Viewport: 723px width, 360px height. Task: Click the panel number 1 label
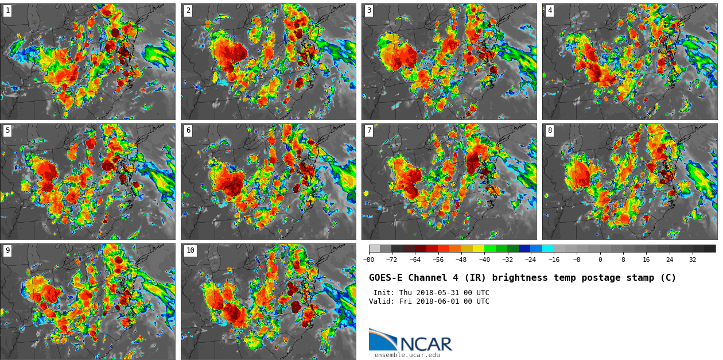coord(7,10)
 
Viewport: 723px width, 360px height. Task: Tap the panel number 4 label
coord(550,10)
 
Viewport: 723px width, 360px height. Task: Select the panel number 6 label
coord(188,130)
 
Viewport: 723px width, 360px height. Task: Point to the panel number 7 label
coord(369,130)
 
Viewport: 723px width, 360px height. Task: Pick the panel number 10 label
coord(190,250)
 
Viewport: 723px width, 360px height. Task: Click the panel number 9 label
coord(7,250)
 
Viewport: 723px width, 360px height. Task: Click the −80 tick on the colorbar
coord(368,260)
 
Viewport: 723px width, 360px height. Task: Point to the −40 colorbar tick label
coord(484,260)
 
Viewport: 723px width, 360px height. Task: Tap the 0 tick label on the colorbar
coord(600,260)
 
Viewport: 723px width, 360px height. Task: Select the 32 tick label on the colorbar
coord(693,260)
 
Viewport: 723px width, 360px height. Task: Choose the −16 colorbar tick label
coord(554,260)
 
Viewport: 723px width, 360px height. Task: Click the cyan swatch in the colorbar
coord(548,249)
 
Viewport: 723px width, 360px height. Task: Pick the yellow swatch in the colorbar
coord(478,249)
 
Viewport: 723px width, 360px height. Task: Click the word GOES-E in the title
coord(383,278)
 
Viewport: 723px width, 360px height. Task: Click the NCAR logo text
coord(426,344)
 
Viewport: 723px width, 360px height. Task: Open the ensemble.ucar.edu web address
coord(407,355)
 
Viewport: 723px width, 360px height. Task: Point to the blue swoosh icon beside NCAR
coord(382,339)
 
